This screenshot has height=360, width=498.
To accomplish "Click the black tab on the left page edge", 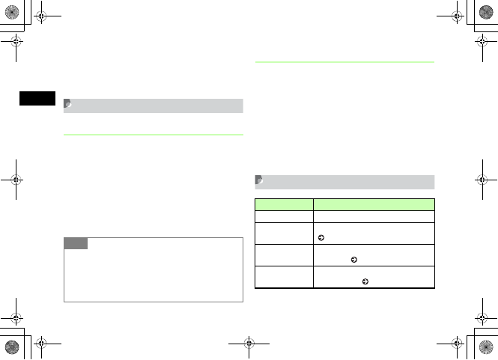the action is click(x=36, y=98).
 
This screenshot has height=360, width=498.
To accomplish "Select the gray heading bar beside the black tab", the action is click(x=154, y=106).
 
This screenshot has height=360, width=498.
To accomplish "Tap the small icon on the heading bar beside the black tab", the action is click(x=68, y=105).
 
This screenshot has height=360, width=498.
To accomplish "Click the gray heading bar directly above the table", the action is click(x=344, y=181).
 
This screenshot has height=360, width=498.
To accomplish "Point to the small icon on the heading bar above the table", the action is click(x=259, y=180).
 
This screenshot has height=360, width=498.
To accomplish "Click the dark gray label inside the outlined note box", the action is click(x=76, y=243).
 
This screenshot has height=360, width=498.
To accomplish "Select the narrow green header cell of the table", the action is click(x=284, y=203).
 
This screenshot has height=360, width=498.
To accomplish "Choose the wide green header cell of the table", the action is click(x=374, y=203).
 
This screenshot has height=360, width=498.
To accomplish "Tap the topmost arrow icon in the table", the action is click(x=321, y=237).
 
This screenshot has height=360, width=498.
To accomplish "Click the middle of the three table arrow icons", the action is click(x=353, y=260).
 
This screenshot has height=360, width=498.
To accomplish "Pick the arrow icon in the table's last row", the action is click(x=364, y=282).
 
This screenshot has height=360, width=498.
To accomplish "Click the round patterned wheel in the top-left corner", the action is click(x=12, y=13).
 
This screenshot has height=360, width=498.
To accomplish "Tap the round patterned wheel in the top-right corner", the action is click(x=486, y=13).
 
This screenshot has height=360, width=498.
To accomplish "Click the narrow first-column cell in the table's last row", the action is click(x=284, y=277).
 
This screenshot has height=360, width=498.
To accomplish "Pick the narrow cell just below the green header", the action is click(x=284, y=216).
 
